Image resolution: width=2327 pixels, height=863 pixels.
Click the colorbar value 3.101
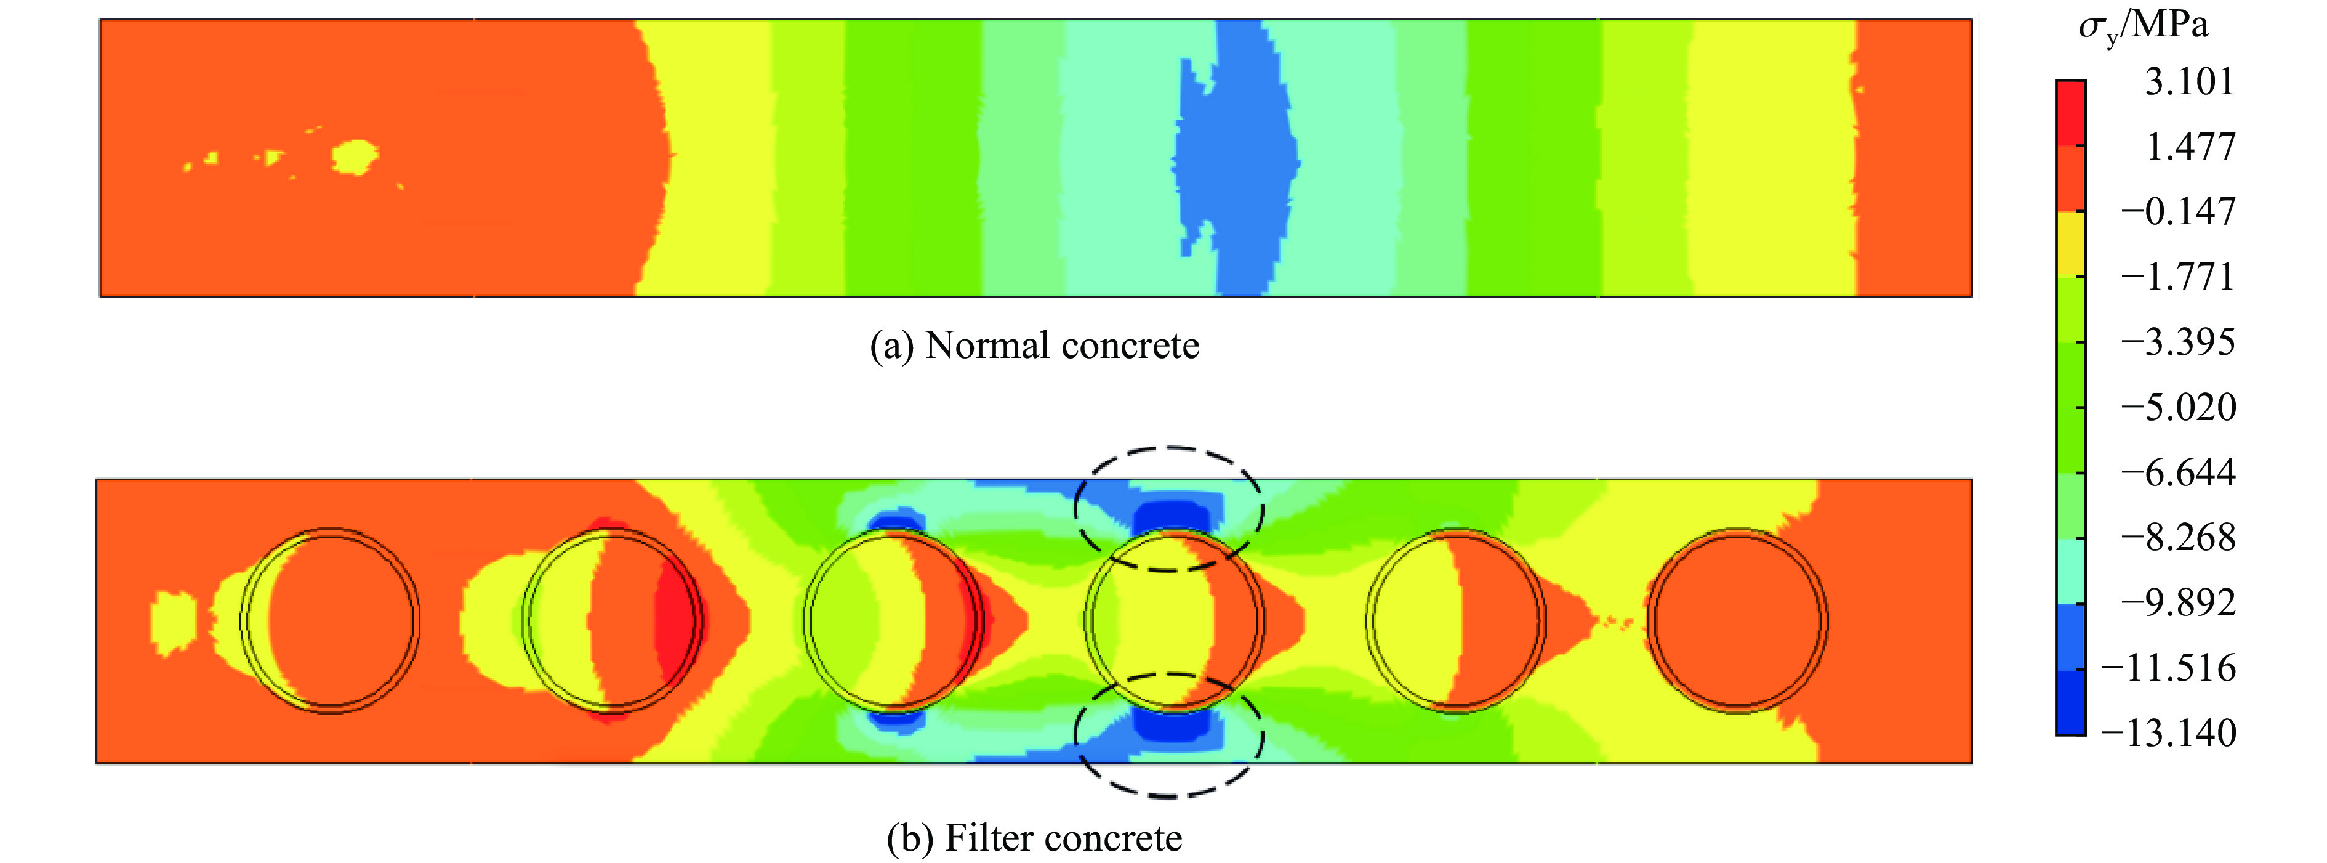pos(2188,82)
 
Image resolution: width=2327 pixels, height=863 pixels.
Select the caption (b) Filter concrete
pos(1034,838)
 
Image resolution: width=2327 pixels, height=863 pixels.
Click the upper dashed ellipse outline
pos(1169,447)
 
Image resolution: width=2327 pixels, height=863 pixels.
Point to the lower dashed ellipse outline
pos(1169,796)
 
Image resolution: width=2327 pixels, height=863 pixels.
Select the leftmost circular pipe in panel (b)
pos(330,621)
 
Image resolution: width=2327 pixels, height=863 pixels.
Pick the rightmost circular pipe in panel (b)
pos(1737,621)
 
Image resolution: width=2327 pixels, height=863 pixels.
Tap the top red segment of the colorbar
pos(2070,113)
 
